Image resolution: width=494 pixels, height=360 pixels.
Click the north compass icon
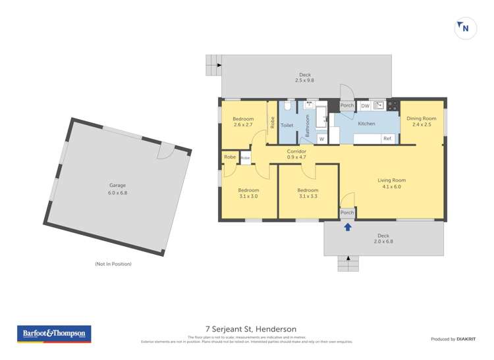pyautogui.click(x=465, y=28)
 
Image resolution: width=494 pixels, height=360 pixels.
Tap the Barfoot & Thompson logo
pyautogui.click(x=54, y=334)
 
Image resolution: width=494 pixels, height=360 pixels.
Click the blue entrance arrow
pyautogui.click(x=348, y=227)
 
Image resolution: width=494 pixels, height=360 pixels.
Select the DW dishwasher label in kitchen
pyautogui.click(x=365, y=105)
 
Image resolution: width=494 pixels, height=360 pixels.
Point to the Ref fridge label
pyautogui.click(x=387, y=138)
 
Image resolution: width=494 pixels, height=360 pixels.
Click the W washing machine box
pyautogui.click(x=322, y=139)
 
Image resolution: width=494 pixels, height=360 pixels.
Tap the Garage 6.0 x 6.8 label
pyautogui.click(x=117, y=190)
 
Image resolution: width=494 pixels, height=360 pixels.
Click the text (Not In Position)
pyautogui.click(x=113, y=264)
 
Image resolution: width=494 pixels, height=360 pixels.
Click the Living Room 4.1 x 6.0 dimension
pyautogui.click(x=391, y=187)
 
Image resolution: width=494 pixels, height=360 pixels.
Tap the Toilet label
pyautogui.click(x=287, y=124)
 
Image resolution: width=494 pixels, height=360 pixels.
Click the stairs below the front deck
pyautogui.click(x=348, y=263)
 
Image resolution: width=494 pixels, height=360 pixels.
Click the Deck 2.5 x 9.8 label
pyautogui.click(x=305, y=78)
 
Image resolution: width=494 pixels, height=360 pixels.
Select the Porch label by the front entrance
pyautogui.click(x=347, y=213)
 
